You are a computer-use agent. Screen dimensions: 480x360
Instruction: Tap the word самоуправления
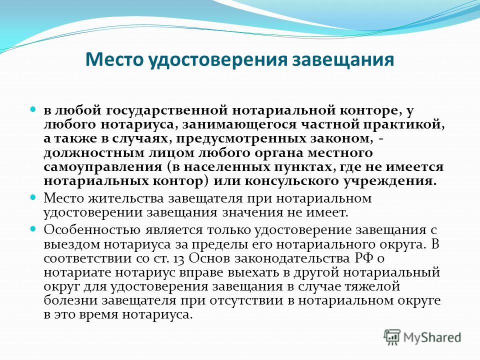pos(103,167)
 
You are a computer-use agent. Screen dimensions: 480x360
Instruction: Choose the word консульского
pos(291,181)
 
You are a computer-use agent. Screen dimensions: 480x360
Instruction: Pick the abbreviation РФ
pos(364,258)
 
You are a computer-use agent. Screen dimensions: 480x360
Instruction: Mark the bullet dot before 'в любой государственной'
pos(33,109)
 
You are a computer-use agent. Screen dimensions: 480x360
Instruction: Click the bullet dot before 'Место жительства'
pos(33,197)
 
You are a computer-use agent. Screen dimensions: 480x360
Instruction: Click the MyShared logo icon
pos(392,337)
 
